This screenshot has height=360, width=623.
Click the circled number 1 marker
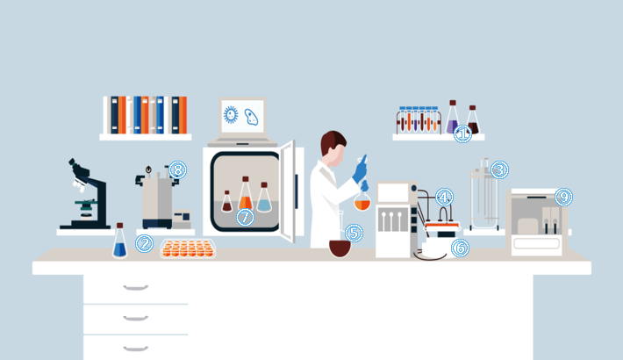[x=462, y=133]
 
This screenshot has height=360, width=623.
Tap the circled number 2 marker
[x=144, y=243]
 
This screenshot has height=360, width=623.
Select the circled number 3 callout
[x=499, y=169]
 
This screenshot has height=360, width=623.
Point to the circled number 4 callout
[x=444, y=197]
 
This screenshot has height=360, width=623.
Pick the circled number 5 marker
[x=354, y=233]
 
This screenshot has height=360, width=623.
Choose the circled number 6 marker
[x=460, y=248]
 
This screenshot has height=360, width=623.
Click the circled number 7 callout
[x=245, y=217]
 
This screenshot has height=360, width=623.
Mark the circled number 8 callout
[x=177, y=169]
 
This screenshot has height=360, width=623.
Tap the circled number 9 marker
[x=563, y=197]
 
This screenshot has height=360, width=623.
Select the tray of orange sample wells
[x=188, y=248]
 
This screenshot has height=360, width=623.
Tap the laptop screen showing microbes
[x=243, y=117]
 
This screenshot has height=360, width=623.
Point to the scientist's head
[x=333, y=148]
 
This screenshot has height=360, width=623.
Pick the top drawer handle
[x=135, y=288]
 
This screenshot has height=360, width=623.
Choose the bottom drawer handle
[x=135, y=349]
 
